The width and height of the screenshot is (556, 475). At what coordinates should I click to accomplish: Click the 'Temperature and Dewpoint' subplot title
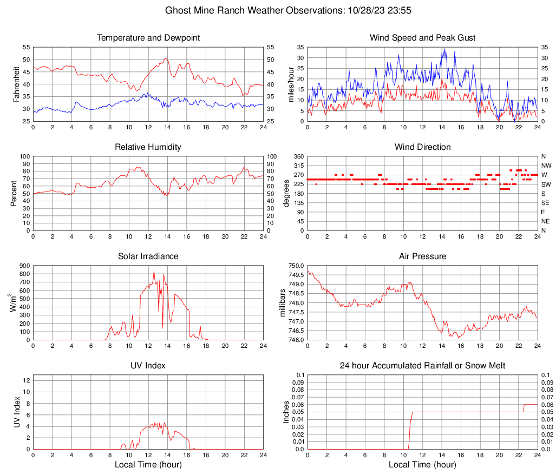[x=148, y=38]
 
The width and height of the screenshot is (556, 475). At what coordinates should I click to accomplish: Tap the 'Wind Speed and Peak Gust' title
[x=422, y=38]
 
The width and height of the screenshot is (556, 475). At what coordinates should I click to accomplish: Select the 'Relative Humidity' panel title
[x=148, y=147]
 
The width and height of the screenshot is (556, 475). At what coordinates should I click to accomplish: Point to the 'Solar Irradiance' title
[x=148, y=256]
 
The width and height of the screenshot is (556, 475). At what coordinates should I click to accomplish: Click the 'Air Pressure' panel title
[x=422, y=256]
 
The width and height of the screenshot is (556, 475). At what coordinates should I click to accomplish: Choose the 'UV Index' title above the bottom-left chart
[x=148, y=366]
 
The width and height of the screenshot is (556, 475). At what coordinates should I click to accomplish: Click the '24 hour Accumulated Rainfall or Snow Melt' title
[x=422, y=366]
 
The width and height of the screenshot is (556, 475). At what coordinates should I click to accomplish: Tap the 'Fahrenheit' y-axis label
[x=16, y=84]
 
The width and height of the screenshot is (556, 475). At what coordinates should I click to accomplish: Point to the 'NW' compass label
[x=546, y=166]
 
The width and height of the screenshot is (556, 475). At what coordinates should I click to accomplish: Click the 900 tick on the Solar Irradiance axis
[x=25, y=266]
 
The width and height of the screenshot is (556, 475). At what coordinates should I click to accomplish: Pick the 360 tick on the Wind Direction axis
[x=297, y=157]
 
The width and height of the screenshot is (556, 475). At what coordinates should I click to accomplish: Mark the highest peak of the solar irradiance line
[x=154, y=270]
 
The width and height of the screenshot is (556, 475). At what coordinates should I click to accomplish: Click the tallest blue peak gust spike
[x=443, y=49]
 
